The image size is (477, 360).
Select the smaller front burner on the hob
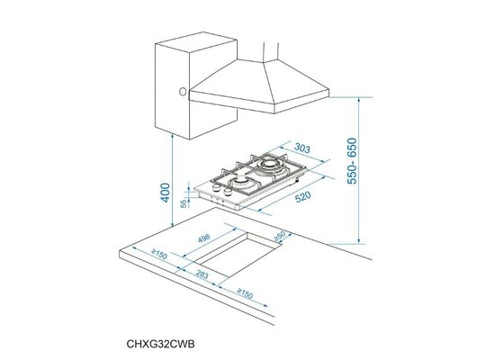tap(241, 186)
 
